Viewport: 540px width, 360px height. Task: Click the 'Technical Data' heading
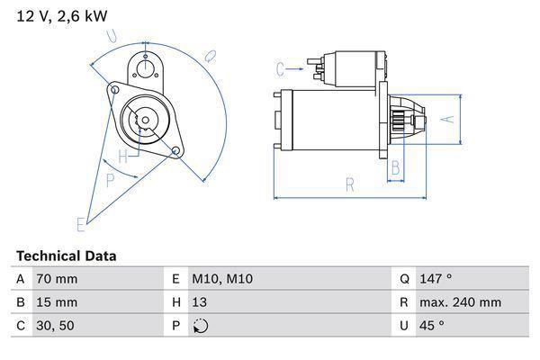pyautogui.click(x=66, y=256)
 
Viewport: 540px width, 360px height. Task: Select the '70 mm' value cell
pyautogui.click(x=56, y=279)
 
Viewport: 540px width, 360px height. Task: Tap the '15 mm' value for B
pyautogui.click(x=56, y=302)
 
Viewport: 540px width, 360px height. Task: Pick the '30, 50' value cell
pyautogui.click(x=54, y=326)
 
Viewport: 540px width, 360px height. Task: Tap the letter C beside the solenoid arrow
pyautogui.click(x=281, y=67)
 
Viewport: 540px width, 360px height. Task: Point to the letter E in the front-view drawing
pyautogui.click(x=82, y=223)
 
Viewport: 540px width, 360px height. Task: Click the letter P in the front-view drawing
pyautogui.click(x=110, y=180)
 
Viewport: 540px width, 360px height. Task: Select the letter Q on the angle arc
pyautogui.click(x=210, y=56)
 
